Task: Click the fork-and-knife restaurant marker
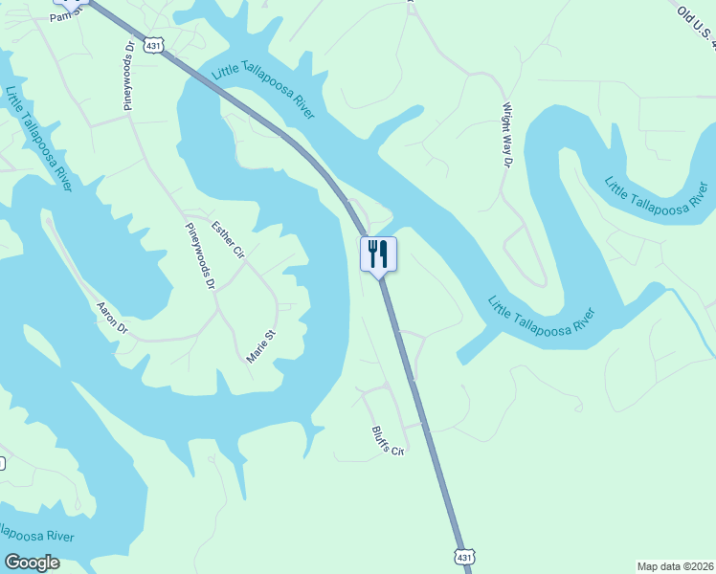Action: (378, 254)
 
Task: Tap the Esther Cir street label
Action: (229, 240)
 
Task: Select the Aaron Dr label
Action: (112, 317)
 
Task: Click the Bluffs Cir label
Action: (388, 438)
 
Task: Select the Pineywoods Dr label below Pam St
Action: (129, 76)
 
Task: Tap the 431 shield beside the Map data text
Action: (463, 556)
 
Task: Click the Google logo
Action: (33, 563)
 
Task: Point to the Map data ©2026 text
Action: (674, 565)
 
